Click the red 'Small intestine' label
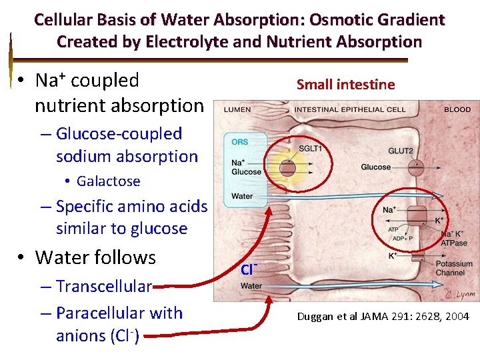(345, 85)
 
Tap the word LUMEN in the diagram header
(237, 109)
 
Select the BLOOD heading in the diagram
(457, 109)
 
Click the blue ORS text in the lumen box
(240, 141)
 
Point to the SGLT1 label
(310, 149)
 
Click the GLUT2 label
(400, 151)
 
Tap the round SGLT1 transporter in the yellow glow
(287, 167)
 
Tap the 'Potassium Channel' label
(453, 269)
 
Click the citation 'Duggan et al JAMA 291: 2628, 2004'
(383, 317)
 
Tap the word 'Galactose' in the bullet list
(108, 181)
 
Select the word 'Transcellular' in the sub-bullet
(104, 286)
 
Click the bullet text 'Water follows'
(95, 257)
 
